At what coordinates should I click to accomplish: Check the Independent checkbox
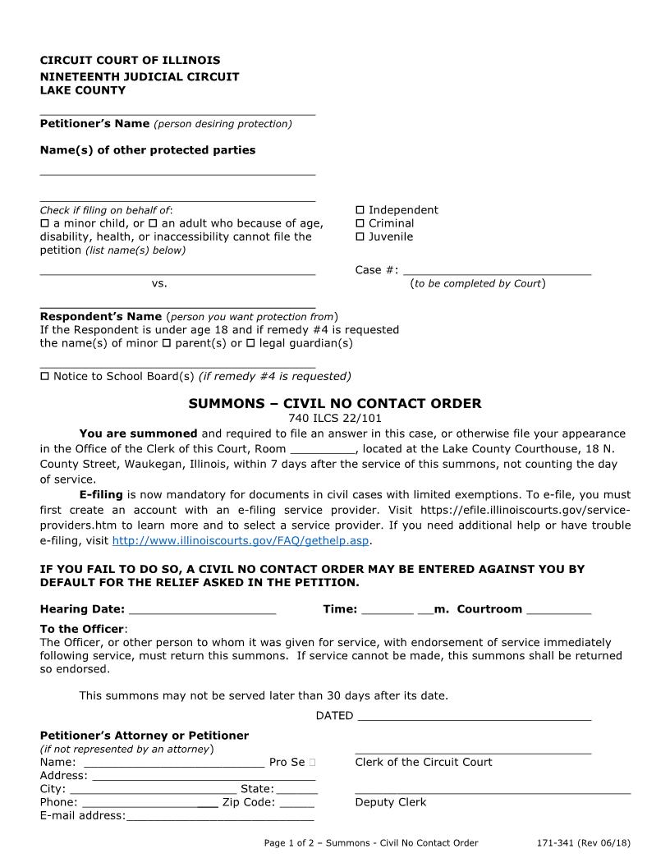point(360,210)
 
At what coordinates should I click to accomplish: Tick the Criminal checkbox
point(360,223)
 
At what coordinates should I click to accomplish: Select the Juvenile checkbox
point(360,237)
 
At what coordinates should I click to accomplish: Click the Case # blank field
point(498,269)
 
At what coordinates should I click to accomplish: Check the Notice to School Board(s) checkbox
point(44,377)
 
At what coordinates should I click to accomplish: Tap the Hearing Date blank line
point(203,609)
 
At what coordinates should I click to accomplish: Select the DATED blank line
point(475,716)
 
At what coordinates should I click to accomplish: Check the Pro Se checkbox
point(313,763)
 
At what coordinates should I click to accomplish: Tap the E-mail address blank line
point(220,816)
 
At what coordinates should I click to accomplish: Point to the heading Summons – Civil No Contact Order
point(335,404)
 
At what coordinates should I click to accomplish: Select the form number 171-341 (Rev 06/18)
point(583,843)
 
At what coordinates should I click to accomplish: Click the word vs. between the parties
point(159,283)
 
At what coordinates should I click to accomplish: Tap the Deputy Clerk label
point(390,802)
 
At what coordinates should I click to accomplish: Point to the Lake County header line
point(83,90)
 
